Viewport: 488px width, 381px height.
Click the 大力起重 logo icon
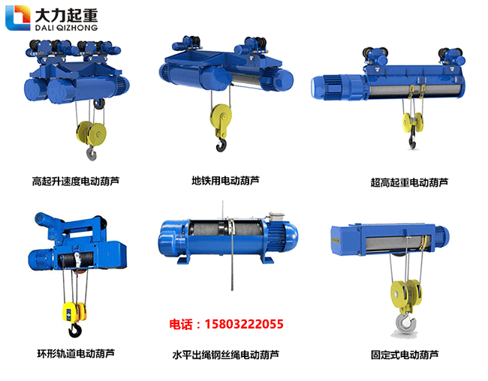pyautogui.click(x=17, y=18)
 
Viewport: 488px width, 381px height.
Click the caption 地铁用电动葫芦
pyautogui.click(x=225, y=181)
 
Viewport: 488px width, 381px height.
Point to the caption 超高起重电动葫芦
pyautogui.click(x=409, y=181)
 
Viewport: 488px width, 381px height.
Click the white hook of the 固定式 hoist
pyautogui.click(x=405, y=321)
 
